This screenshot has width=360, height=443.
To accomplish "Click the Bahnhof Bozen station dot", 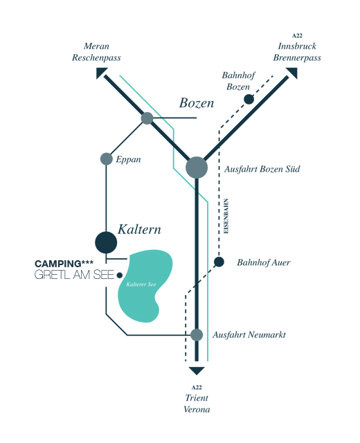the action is [249, 99].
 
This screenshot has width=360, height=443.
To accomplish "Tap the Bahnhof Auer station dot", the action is [219, 262].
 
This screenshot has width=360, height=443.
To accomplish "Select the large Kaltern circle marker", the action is [106, 242].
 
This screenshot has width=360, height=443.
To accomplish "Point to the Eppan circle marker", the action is [106, 159].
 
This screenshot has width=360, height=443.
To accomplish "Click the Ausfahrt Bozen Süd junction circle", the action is [197, 168].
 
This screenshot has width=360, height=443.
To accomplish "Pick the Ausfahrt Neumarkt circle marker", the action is [197, 335].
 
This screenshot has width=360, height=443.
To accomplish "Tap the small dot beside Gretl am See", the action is [120, 275].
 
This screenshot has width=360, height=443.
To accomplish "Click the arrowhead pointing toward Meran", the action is [100, 73].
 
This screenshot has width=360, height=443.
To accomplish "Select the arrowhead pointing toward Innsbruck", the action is [292, 73].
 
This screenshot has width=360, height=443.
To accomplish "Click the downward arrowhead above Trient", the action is [197, 371].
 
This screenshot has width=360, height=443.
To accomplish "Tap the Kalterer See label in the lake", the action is [141, 284].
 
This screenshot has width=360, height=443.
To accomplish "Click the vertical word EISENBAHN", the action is [226, 216].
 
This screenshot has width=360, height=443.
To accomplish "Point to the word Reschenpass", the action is [96, 57].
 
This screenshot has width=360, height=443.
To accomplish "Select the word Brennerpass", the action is [297, 57].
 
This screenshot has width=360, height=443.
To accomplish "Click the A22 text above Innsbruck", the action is [297, 35].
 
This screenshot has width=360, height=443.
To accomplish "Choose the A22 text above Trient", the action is [197, 388].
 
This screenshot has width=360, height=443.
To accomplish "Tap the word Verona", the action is [197, 409].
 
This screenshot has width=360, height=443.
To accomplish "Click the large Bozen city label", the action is [197, 103].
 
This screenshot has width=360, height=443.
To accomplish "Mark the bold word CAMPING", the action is [58, 264].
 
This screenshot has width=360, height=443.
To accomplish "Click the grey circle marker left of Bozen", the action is [147, 118].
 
